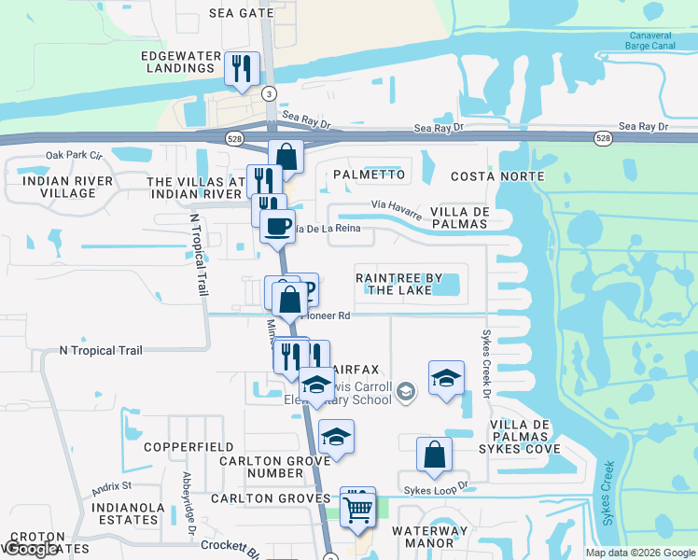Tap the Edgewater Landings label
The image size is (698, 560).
point(178,62)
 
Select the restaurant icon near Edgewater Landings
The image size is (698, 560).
point(242,68)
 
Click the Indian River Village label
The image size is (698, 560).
point(68,187)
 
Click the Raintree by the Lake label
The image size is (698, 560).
point(394,284)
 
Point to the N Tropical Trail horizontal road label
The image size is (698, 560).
point(101,351)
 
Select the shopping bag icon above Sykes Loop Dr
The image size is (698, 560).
point(434,455)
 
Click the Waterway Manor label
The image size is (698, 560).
point(430,538)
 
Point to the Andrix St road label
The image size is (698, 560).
point(112,486)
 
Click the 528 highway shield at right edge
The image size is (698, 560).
point(604,138)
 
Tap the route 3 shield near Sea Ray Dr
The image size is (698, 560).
point(270,93)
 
